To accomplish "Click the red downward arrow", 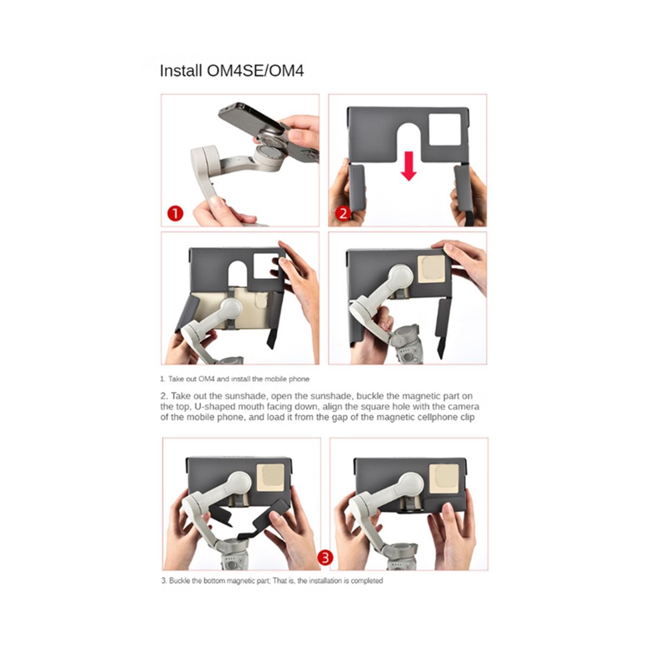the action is [x=408, y=166].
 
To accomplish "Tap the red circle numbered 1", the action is [x=175, y=213].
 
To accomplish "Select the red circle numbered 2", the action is [x=343, y=213].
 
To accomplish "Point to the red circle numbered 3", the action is [x=325, y=557].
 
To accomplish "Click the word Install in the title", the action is [x=181, y=71].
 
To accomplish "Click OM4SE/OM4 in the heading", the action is [x=255, y=71].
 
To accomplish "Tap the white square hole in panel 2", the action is [x=445, y=129].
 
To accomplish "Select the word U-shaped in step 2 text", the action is [x=212, y=406].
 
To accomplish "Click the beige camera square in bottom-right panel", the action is [x=444, y=478].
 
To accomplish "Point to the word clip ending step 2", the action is [x=467, y=417].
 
